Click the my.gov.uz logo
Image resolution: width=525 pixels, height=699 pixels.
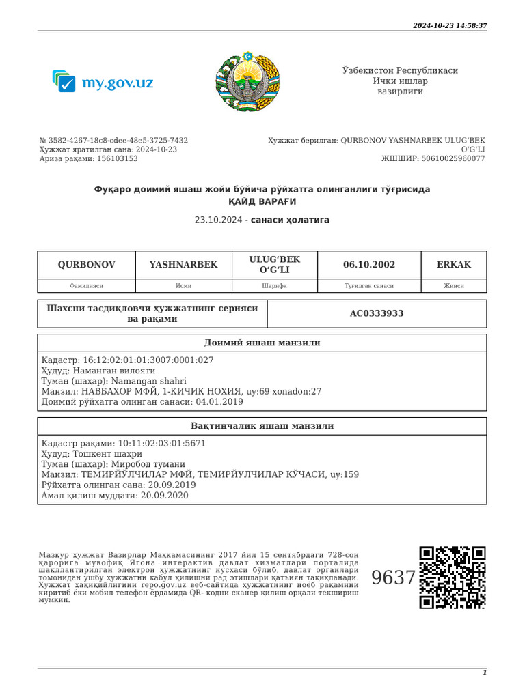pyautogui.click(x=103, y=83)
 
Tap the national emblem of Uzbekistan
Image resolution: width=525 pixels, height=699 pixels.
pyautogui.click(x=247, y=81)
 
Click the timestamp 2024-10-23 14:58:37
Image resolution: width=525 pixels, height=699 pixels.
pyautogui.click(x=450, y=25)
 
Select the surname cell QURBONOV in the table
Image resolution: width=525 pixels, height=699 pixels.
pyautogui.click(x=86, y=265)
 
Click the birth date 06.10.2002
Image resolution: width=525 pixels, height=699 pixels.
pyautogui.click(x=369, y=265)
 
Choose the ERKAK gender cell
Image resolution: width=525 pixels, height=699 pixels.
pyautogui.click(x=454, y=265)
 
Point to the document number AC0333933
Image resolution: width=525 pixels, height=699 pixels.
pyautogui.click(x=377, y=314)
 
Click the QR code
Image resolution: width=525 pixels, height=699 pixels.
pyautogui.click(x=453, y=577)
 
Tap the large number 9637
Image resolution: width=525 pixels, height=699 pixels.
pyautogui.click(x=393, y=578)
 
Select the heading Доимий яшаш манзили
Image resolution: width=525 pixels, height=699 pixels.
pyautogui.click(x=262, y=343)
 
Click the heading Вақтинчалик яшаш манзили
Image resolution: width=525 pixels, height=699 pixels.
pyautogui.click(x=262, y=426)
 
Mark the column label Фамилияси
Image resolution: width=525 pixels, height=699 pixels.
pyautogui.click(x=86, y=286)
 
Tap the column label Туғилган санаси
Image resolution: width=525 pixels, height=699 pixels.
pyautogui.click(x=369, y=286)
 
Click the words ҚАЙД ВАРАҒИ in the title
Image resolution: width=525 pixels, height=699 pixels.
pyautogui.click(x=262, y=202)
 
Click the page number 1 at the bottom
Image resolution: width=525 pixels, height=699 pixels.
pyautogui.click(x=485, y=673)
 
